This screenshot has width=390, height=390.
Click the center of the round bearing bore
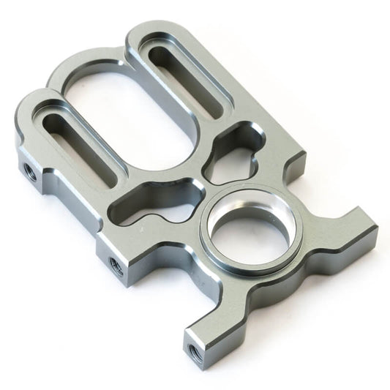pyautogui.click(x=250, y=233)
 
